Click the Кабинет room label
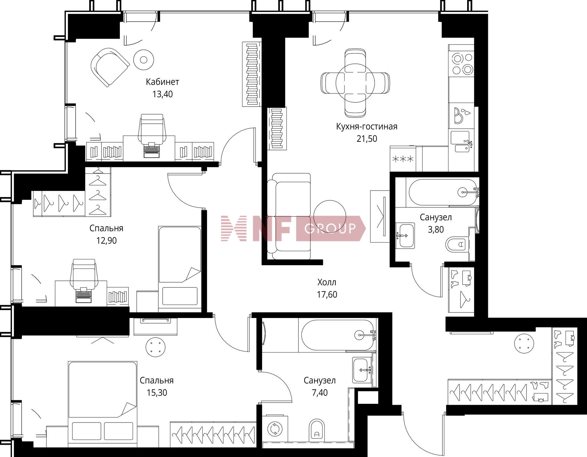click(162, 82)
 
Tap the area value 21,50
click(367, 139)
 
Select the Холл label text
click(327, 282)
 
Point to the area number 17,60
click(327, 294)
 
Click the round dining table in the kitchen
click(355, 83)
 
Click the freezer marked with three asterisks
click(403, 159)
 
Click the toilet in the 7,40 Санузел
click(316, 430)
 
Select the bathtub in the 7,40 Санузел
click(338, 335)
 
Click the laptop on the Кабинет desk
click(152, 149)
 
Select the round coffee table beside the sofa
click(330, 216)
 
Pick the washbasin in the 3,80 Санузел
click(405, 235)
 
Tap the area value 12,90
click(106, 241)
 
